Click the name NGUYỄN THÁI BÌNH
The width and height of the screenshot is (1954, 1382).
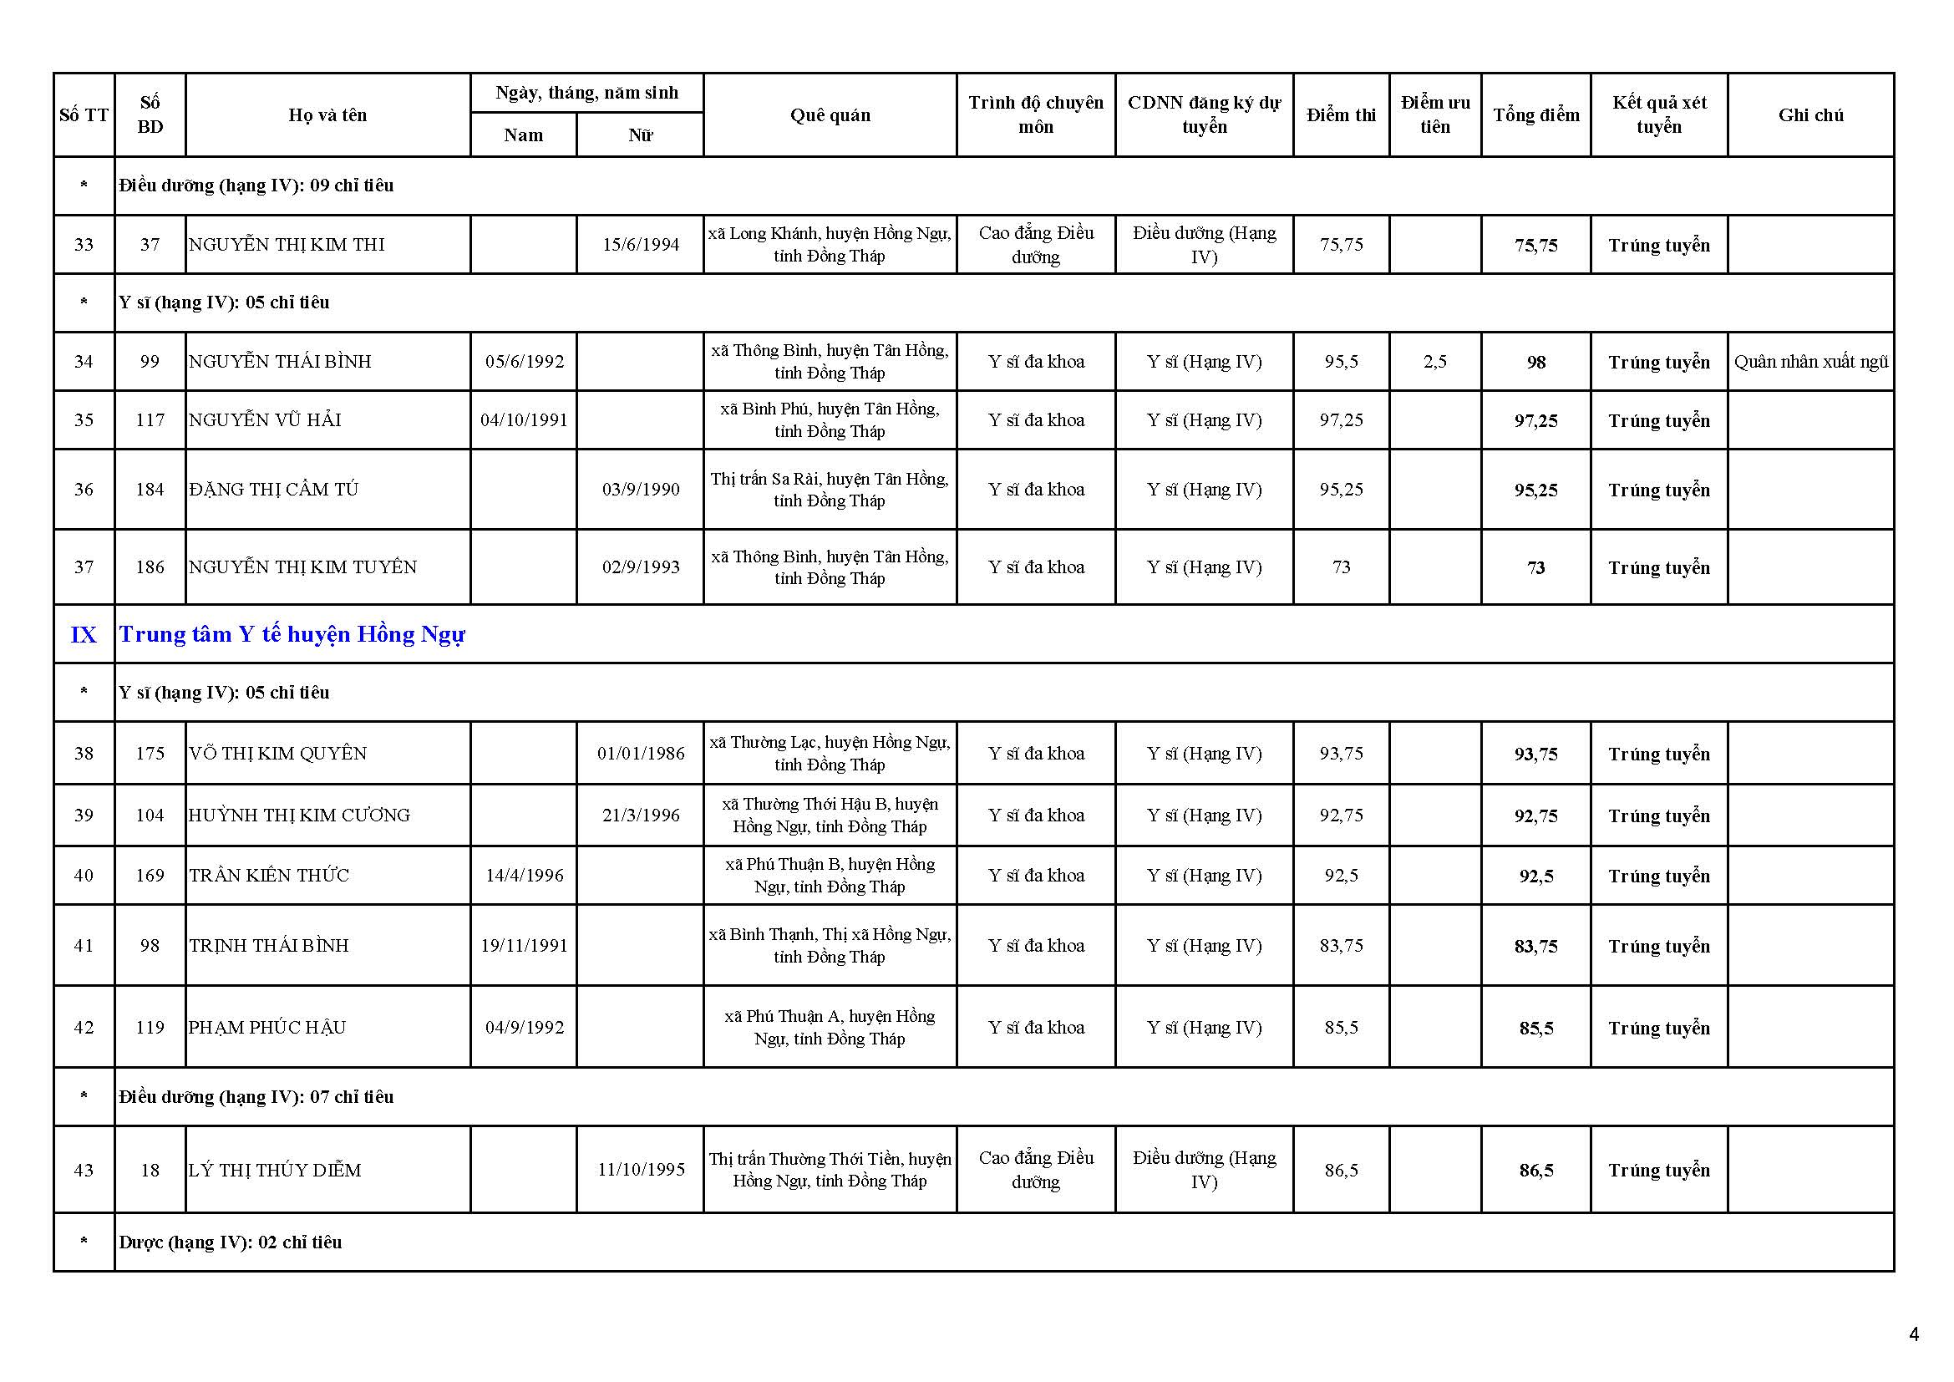(280, 362)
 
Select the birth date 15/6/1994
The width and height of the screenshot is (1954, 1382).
(641, 245)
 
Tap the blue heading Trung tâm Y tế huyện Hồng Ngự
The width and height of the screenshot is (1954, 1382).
(292, 634)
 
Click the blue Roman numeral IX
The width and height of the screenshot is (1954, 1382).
(84, 635)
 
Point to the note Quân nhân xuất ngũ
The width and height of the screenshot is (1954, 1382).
(1811, 362)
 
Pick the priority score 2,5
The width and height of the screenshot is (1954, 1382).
(1435, 362)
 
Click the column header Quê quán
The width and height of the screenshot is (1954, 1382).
(830, 114)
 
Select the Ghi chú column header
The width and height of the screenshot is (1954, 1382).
(1810, 114)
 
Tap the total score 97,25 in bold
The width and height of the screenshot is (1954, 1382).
(1535, 420)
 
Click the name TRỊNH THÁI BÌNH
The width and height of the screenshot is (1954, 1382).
(269, 946)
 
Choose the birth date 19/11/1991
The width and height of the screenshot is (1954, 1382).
(524, 946)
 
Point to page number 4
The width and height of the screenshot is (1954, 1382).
(1914, 1334)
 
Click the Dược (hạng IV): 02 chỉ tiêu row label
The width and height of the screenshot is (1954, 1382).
(231, 1242)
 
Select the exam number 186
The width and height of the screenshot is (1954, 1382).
(150, 567)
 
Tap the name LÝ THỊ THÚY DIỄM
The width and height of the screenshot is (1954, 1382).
(275, 1170)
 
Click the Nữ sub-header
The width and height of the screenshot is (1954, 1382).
(640, 135)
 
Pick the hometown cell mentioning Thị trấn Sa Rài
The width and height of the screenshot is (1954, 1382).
(829, 490)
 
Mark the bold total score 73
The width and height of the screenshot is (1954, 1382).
(1535, 567)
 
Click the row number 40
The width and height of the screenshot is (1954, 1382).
(84, 876)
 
